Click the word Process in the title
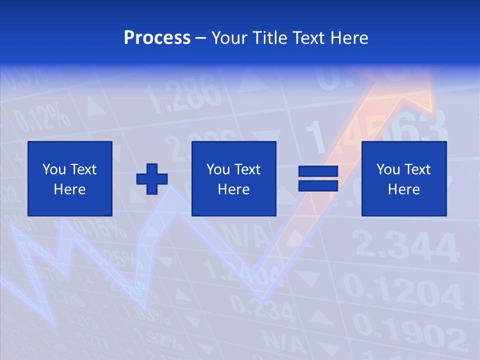[x=157, y=38]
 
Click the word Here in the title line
[x=349, y=38]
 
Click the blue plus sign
[x=152, y=178]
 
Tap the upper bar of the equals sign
[x=318, y=171]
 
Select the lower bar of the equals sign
[x=318, y=185]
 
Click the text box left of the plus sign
[x=70, y=178]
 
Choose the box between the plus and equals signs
[x=234, y=178]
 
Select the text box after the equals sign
[x=404, y=178]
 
